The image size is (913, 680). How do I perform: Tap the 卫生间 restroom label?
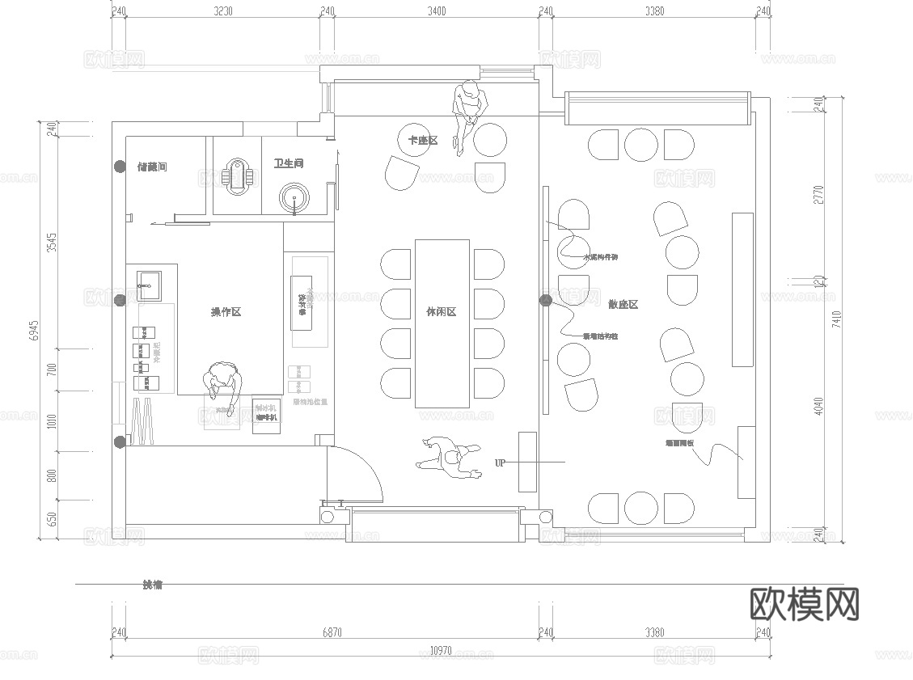[x=289, y=163]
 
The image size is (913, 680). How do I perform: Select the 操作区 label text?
[x=226, y=312]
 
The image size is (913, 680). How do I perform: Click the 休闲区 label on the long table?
[x=442, y=312]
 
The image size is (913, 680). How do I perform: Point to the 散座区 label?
[x=623, y=304]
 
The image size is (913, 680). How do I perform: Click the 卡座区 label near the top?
[x=423, y=141]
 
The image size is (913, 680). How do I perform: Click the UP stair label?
[x=500, y=462]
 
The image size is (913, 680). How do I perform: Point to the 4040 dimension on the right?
[x=818, y=404]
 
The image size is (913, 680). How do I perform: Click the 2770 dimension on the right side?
[x=818, y=195]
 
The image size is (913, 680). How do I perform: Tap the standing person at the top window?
[x=468, y=113]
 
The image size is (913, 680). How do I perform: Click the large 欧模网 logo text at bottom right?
[x=805, y=603]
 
